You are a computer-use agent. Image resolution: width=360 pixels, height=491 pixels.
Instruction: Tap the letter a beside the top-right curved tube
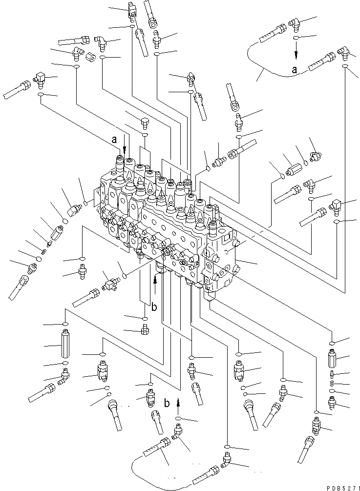point(294,70)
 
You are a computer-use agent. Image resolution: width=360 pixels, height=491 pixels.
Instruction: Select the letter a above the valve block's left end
point(114,139)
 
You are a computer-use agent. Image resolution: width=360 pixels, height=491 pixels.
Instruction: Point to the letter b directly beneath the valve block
point(154,307)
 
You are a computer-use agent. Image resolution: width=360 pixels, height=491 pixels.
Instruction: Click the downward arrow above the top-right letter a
point(296,50)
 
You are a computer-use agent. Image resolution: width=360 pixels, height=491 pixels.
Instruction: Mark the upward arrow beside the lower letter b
point(178,403)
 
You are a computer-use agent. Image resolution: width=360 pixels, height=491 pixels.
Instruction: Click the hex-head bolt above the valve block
point(145,122)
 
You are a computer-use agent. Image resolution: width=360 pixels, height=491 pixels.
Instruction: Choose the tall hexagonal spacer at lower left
point(65,345)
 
